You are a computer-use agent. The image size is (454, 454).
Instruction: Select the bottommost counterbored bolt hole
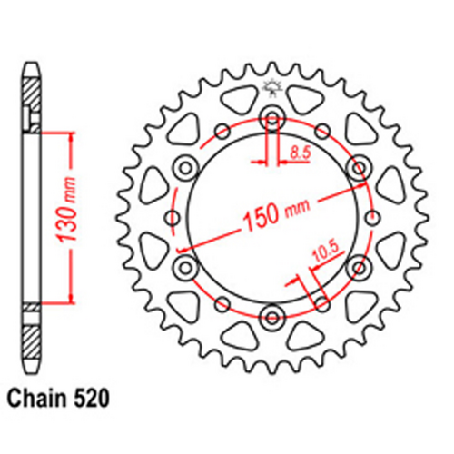click(x=271, y=316)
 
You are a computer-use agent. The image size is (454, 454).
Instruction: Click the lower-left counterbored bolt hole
click(x=184, y=266)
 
